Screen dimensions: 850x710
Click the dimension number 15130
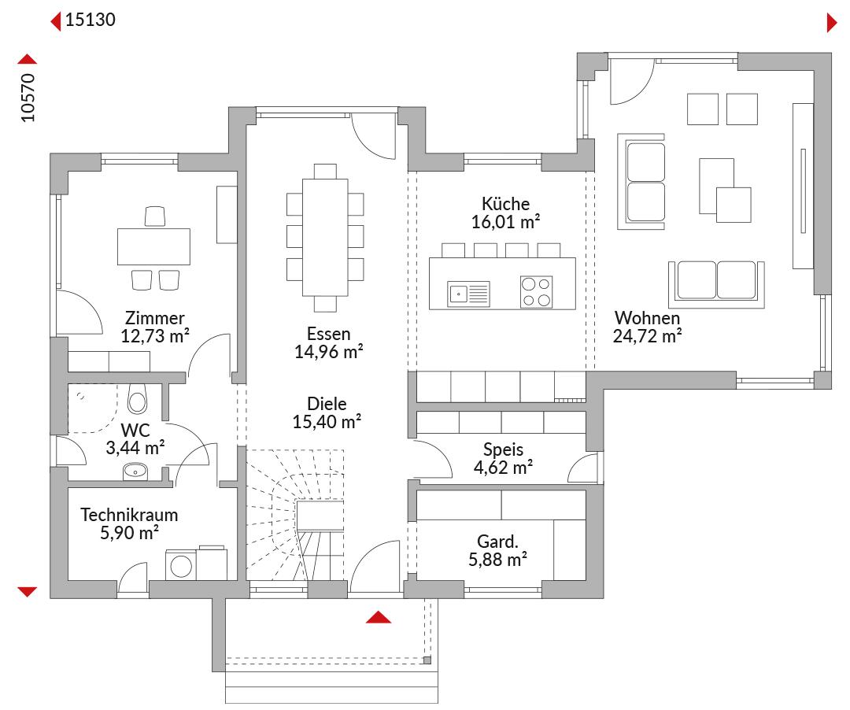click(x=90, y=20)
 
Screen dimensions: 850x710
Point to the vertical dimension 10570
click(x=28, y=98)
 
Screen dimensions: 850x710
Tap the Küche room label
click(x=505, y=204)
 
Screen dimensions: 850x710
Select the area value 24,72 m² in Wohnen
click(x=647, y=336)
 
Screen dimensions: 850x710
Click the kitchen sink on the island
click(x=469, y=294)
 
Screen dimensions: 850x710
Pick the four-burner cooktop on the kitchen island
click(x=536, y=292)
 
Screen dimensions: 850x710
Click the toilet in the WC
click(x=137, y=399)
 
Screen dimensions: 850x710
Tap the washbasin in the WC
click(x=135, y=471)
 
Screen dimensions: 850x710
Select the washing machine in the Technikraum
click(x=180, y=566)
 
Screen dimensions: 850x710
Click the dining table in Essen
click(x=325, y=238)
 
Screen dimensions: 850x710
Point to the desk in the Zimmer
click(x=153, y=246)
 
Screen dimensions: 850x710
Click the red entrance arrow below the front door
click(x=379, y=617)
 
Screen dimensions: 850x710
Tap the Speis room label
click(x=503, y=449)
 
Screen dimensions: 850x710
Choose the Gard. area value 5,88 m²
click(x=497, y=560)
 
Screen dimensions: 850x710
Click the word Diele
click(x=327, y=404)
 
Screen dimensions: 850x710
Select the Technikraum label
click(x=129, y=514)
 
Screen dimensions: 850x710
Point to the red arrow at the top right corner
click(x=832, y=23)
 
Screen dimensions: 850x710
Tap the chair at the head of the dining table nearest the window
click(x=325, y=172)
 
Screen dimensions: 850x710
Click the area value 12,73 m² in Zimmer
click(x=154, y=336)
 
